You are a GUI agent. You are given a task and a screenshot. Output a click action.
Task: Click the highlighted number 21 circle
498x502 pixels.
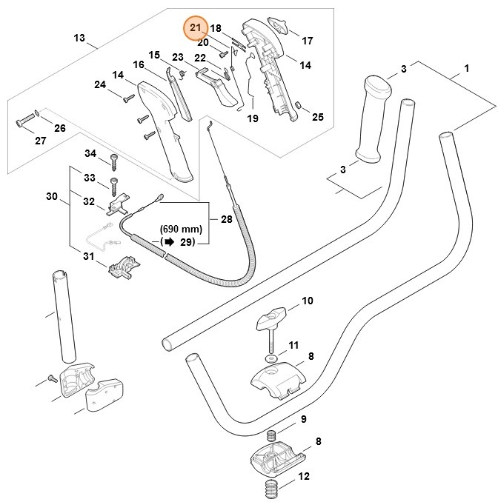click(196, 28)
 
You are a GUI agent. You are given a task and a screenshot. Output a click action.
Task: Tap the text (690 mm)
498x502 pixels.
click(182, 230)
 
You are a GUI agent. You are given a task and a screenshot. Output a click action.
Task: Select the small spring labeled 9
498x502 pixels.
click(272, 437)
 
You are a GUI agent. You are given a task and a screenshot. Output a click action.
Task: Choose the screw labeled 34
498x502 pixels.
click(114, 158)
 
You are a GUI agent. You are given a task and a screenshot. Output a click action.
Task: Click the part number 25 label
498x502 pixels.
click(317, 117)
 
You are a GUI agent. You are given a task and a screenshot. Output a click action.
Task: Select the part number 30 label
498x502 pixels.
click(51, 196)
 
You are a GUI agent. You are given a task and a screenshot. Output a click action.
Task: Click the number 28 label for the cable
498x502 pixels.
click(226, 219)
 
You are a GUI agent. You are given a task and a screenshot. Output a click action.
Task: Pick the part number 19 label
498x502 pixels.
click(252, 118)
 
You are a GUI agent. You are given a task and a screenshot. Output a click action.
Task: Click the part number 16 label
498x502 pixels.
click(138, 65)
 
